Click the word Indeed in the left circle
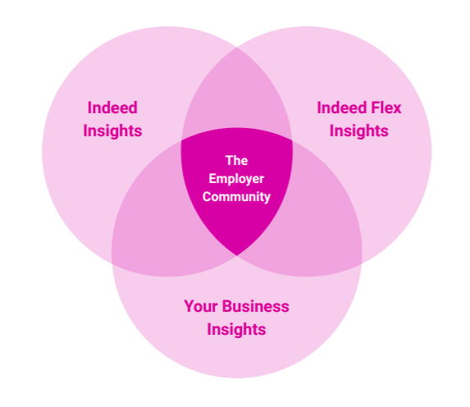(112, 107)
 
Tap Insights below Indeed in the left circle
(112, 130)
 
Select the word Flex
(386, 107)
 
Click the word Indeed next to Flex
(342, 107)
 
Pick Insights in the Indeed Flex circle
(358, 130)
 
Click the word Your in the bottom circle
(201, 306)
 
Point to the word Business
(255, 306)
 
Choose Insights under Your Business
(236, 329)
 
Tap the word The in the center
(236, 161)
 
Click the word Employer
(236, 179)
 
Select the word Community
(236, 197)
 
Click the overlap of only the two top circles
(237, 96)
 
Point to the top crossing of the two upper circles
(237, 48)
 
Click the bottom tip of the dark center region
(237, 255)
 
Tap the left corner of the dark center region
(181, 140)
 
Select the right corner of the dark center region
(292, 140)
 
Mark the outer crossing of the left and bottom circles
(112, 263)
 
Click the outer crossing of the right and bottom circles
(361, 263)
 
